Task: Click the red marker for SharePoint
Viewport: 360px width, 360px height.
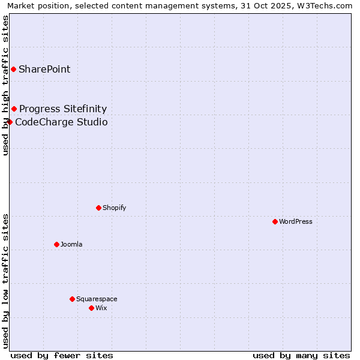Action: click(13, 69)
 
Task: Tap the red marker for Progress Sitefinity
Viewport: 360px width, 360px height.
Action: click(14, 109)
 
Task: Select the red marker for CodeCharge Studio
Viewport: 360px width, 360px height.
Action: click(10, 122)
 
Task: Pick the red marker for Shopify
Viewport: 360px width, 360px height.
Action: click(98, 208)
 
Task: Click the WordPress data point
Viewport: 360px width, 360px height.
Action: click(275, 221)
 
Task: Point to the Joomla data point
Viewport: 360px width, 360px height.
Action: click(56, 244)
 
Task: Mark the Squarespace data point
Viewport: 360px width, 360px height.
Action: click(72, 299)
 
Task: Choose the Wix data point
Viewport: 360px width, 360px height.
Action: click(91, 308)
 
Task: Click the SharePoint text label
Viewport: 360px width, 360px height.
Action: click(44, 69)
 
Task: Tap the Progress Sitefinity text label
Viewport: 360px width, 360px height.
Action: click(63, 109)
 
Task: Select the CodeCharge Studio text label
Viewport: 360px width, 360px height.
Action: click(61, 122)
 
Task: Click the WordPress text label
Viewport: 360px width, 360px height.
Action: click(296, 221)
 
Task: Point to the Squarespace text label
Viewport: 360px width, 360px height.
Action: click(97, 299)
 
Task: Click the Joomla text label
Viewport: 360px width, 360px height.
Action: click(71, 244)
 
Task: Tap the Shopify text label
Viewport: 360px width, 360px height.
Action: click(114, 208)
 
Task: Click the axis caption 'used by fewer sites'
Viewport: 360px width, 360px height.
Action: click(62, 355)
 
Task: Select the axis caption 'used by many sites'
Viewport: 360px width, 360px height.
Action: click(301, 355)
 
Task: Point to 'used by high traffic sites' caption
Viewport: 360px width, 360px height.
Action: click(5, 85)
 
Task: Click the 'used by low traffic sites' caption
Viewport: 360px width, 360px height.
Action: click(5, 280)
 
